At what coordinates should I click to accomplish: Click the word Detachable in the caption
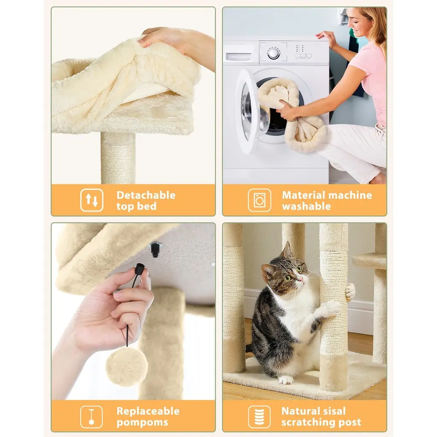146,195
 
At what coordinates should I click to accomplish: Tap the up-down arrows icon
92,200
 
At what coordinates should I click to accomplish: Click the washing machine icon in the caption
259,200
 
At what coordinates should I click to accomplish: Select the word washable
306,206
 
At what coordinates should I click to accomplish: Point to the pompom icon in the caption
91,417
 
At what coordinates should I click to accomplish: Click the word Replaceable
148,411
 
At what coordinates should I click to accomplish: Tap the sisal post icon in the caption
259,417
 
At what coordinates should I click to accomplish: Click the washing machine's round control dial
274,53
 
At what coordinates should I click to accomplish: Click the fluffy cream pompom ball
127,368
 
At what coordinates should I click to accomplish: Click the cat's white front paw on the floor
286,380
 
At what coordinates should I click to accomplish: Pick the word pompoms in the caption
142,422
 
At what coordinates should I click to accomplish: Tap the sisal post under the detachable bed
118,158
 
